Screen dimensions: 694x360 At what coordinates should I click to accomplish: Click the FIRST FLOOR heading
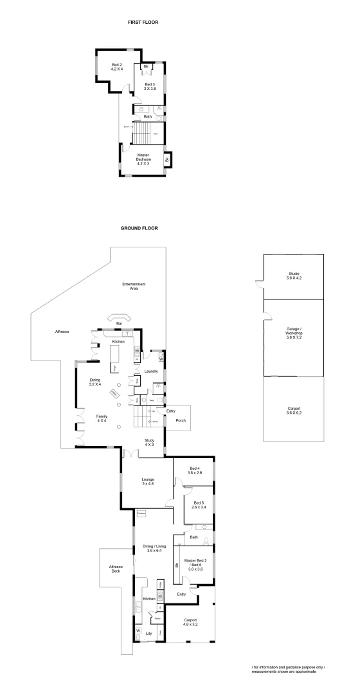pyautogui.click(x=143, y=22)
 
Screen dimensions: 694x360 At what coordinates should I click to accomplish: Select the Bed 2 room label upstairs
pyautogui.click(x=116, y=67)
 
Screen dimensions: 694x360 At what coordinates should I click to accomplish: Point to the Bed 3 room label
pyautogui.click(x=150, y=87)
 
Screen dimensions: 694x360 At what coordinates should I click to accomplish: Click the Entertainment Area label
pyautogui.click(x=134, y=286)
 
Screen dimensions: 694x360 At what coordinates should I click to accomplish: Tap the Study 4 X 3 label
pyautogui.click(x=149, y=443)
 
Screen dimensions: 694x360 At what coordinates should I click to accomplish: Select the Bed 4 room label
pyautogui.click(x=194, y=470)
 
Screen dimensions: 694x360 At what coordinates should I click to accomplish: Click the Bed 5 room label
pyautogui.click(x=197, y=505)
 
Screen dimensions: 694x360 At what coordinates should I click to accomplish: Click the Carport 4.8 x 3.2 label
pyautogui.click(x=190, y=622)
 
